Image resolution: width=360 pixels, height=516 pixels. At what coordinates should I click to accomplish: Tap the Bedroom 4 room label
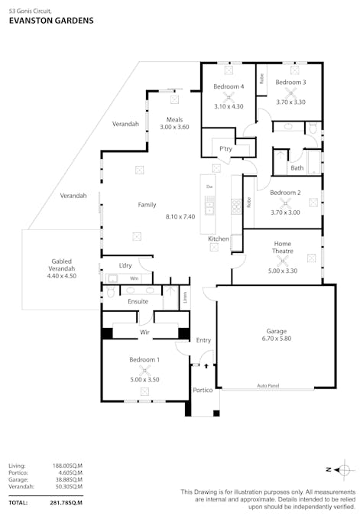tap(229, 86)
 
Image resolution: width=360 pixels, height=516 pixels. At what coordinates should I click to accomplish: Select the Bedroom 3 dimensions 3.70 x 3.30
tap(290, 102)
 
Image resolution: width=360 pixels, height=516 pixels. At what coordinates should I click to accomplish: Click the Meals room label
tap(175, 118)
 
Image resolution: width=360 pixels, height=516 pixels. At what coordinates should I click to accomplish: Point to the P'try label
tap(225, 148)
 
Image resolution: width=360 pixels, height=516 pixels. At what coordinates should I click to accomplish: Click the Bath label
tap(297, 168)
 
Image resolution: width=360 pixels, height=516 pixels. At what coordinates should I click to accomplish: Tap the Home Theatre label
tap(282, 248)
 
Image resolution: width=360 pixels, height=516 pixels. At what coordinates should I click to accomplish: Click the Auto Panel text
tap(268, 387)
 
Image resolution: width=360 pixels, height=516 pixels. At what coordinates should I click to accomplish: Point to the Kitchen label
tap(219, 239)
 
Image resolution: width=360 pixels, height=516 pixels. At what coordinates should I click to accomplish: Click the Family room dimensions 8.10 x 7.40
tap(180, 217)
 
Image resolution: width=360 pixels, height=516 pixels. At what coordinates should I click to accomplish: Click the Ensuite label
tap(138, 302)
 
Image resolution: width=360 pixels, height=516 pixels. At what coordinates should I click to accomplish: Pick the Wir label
tap(144, 333)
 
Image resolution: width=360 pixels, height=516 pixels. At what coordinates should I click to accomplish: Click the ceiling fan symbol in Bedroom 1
tap(144, 369)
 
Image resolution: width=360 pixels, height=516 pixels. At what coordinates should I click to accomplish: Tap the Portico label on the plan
tap(202, 390)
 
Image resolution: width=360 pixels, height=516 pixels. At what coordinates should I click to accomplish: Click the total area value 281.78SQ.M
tap(66, 502)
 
